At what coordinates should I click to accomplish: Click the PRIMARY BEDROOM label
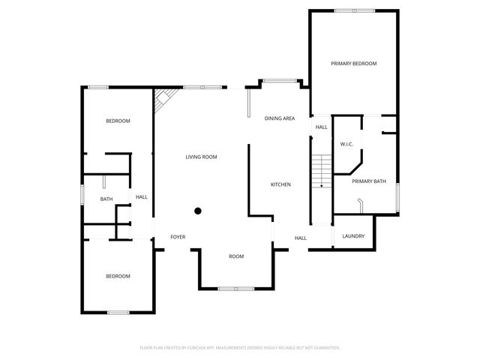point(353,64)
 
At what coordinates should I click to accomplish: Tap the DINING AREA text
point(279,118)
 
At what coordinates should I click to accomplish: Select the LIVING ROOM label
point(202,157)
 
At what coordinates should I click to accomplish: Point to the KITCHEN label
point(280,184)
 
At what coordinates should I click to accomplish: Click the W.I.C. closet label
point(346,144)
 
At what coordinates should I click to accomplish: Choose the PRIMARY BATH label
point(369,181)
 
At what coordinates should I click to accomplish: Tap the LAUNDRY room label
point(353,236)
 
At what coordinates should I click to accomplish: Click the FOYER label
point(178,237)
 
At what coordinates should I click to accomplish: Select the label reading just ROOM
point(236,256)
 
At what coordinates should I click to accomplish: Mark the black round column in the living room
point(198,211)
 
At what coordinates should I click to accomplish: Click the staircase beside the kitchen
point(320,170)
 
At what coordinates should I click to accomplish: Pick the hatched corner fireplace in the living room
point(166,100)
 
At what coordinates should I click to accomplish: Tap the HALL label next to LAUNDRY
point(300,238)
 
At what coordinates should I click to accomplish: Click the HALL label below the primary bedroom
point(321,127)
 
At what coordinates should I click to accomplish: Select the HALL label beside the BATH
point(141,197)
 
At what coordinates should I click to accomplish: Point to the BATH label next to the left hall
point(106,199)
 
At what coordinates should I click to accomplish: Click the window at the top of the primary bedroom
point(354,10)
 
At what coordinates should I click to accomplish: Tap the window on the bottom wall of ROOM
point(236,288)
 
